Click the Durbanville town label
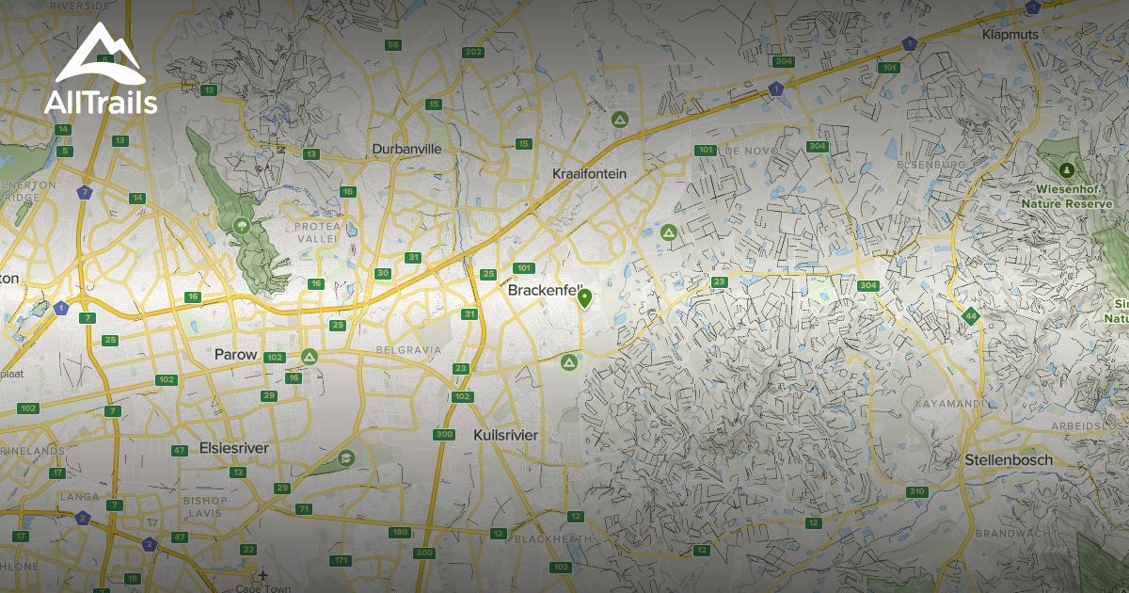(x=406, y=149)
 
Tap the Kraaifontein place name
(x=589, y=174)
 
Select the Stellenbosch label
(x=1009, y=460)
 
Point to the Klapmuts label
(x=1008, y=35)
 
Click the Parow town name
(x=235, y=355)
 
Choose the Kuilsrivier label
(x=505, y=436)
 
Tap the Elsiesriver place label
(x=233, y=449)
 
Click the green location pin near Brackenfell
(x=584, y=299)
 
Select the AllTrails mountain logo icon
(x=100, y=56)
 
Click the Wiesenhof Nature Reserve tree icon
(x=1066, y=170)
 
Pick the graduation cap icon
(x=345, y=457)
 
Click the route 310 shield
(x=916, y=491)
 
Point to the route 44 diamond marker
(x=970, y=316)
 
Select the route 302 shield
(x=473, y=52)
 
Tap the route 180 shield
(x=400, y=533)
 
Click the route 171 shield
(x=341, y=561)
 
